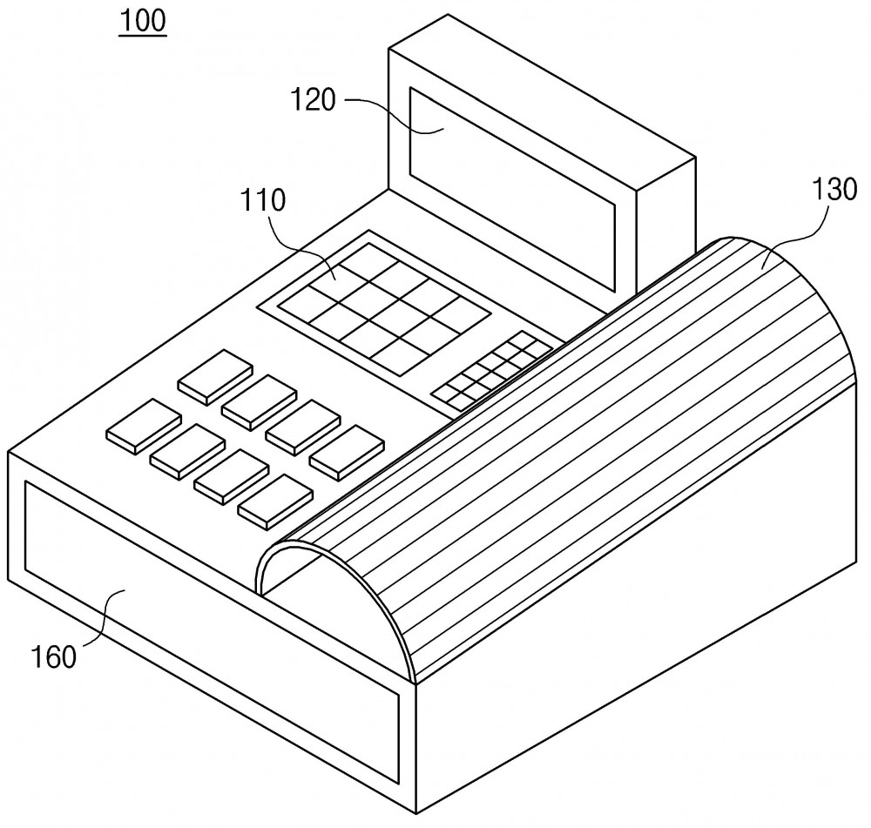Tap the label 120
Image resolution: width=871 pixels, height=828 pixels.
pos(314,100)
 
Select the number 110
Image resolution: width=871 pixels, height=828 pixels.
pos(263,200)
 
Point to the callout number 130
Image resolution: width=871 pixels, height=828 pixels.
pos(834,189)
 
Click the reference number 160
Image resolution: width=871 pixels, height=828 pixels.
pos(53,657)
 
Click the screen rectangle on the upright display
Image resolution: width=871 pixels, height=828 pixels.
pos(513,189)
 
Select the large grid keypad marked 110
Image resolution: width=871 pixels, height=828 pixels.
pos(384,309)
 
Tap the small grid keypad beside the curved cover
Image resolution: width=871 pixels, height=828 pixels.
pos(492,372)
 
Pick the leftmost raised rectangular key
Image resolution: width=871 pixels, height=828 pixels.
pos(144,427)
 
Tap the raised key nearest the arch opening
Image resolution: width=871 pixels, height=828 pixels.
pos(275,501)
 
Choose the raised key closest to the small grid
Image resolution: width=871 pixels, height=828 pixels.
pos(347,453)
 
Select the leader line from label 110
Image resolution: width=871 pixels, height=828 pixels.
pos(300,247)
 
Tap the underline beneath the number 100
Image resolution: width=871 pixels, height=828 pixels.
pos(143,35)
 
